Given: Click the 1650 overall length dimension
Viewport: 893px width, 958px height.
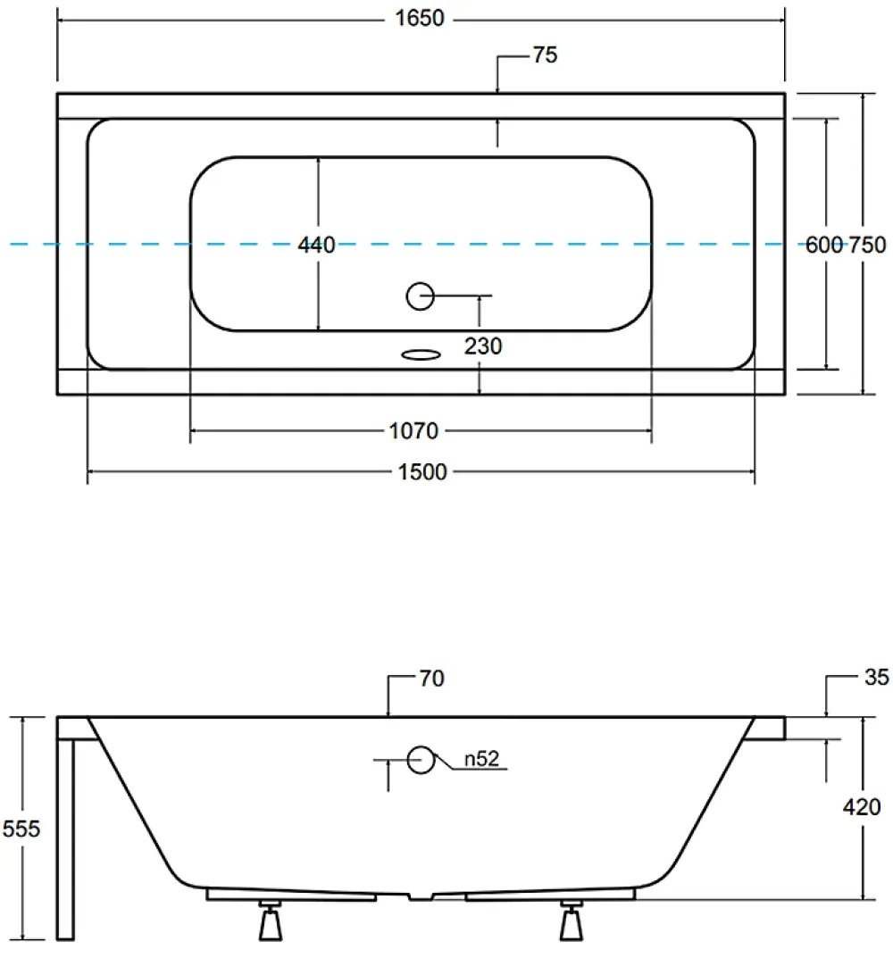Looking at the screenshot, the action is tap(420, 19).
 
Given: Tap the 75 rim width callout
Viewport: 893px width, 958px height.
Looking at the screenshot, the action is tap(546, 55).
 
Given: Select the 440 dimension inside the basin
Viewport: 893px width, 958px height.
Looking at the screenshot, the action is tap(317, 245).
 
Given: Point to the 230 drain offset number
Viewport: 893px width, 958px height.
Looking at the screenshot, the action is tap(483, 346).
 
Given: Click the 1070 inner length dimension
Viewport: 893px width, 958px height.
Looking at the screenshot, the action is tap(413, 431).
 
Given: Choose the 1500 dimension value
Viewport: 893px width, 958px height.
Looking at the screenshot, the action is tap(422, 472).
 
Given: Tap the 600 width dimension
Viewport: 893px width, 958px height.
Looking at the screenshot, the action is tap(824, 245).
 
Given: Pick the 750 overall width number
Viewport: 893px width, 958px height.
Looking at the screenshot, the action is tap(867, 245).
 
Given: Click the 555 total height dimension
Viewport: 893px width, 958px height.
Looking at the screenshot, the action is tap(21, 829).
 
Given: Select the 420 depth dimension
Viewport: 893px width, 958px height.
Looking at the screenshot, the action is tap(862, 807).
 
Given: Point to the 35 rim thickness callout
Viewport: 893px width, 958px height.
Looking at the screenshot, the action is tap(877, 677).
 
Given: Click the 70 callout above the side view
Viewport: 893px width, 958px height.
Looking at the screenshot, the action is tap(431, 679).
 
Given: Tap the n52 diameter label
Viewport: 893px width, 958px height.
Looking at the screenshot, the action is tap(481, 759).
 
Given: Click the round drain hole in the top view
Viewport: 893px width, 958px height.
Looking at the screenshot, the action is tap(421, 296).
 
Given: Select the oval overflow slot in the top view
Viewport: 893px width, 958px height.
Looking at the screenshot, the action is tap(421, 354).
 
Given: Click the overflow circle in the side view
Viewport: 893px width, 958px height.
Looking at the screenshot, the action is tap(421, 760).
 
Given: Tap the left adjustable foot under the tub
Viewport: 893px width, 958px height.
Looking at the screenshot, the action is tap(271, 920).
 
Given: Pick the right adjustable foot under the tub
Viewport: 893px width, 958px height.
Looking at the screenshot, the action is tap(572, 920).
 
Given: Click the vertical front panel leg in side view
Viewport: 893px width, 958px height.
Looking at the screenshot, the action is tap(65, 839).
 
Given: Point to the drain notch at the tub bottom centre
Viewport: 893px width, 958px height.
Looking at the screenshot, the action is tap(421, 896).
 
